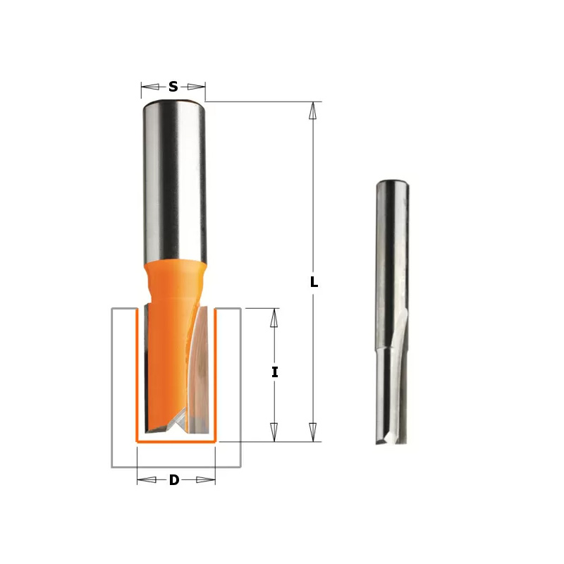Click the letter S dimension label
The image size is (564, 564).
[x=173, y=87]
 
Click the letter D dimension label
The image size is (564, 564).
[x=174, y=480]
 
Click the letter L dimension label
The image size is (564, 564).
[x=314, y=282]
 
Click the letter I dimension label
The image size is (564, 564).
[x=275, y=372]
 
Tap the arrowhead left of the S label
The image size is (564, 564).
[x=150, y=87]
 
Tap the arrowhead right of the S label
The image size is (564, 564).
[x=197, y=87]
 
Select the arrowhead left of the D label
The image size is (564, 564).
[x=147, y=480]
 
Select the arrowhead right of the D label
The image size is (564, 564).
[x=206, y=480]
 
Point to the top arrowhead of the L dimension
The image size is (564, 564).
[x=313, y=111]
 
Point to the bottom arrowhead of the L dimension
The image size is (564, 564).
[x=313, y=432]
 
